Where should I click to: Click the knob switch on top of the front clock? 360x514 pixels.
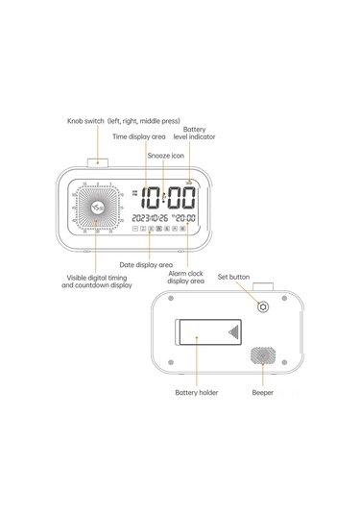[x=98, y=162]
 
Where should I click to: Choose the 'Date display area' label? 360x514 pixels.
[x=146, y=263]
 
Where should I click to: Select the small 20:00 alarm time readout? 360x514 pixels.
[x=185, y=218]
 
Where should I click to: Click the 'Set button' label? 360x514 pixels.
[x=233, y=277]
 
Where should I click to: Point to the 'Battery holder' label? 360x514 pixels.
[x=197, y=393]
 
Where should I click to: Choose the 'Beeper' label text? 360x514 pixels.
[x=260, y=393]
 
